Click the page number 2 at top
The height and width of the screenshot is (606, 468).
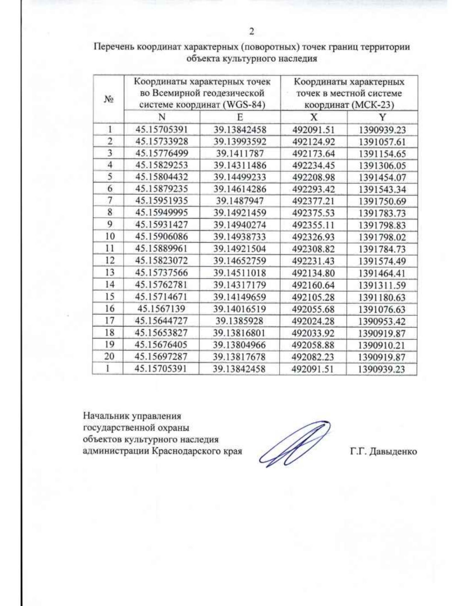tap(252, 31)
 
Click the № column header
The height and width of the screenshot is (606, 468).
tap(109, 99)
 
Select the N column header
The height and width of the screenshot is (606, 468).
tap(162, 117)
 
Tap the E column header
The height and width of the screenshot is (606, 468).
tap(240, 117)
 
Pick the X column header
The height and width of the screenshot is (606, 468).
tap(314, 117)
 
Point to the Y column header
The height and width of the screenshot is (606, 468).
tap(382, 117)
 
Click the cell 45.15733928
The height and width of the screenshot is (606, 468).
tap(161, 141)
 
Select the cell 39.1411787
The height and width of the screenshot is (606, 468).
tap(240, 153)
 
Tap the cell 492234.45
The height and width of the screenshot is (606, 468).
tap(314, 165)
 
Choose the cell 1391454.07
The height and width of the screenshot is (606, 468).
tap(382, 178)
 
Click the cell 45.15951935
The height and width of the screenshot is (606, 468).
tap(161, 201)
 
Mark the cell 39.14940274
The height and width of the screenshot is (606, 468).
tap(240, 225)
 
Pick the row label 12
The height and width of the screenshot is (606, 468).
tap(110, 260)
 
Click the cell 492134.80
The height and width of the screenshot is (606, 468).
tap(314, 273)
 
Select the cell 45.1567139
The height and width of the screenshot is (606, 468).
tap(161, 309)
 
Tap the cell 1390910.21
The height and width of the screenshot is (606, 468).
tap(382, 345)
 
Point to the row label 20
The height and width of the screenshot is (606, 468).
tap(110, 356)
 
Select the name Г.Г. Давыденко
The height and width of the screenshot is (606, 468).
tap(383, 452)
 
